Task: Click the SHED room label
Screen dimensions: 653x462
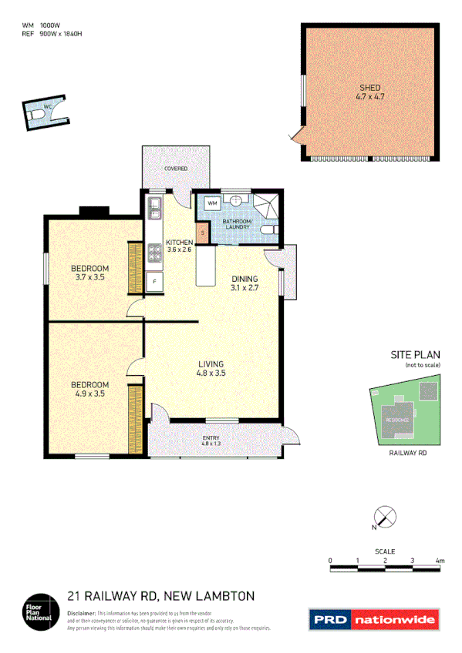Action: [x=369, y=92]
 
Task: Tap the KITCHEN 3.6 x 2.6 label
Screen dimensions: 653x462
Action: [x=179, y=246]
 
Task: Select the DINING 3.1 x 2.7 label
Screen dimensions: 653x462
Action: [x=244, y=283]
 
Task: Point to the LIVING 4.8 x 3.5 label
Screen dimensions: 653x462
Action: [x=211, y=368]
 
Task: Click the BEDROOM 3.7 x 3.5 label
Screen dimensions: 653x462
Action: [x=90, y=272]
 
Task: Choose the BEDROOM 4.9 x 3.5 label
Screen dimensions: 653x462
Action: [x=90, y=388]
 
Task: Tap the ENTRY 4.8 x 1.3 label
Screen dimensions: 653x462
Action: [x=211, y=440]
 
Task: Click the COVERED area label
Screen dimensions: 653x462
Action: [x=175, y=168]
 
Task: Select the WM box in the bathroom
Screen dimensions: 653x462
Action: [x=212, y=203]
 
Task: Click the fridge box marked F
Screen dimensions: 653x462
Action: [x=154, y=282]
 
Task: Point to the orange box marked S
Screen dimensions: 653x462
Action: [x=203, y=233]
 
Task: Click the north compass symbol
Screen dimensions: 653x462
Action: [x=384, y=517]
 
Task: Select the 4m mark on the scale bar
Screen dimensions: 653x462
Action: [x=440, y=561]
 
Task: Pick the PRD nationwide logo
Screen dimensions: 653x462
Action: [x=373, y=619]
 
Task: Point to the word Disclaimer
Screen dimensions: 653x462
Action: [x=82, y=611]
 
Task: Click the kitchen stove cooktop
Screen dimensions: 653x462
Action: [x=154, y=251]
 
